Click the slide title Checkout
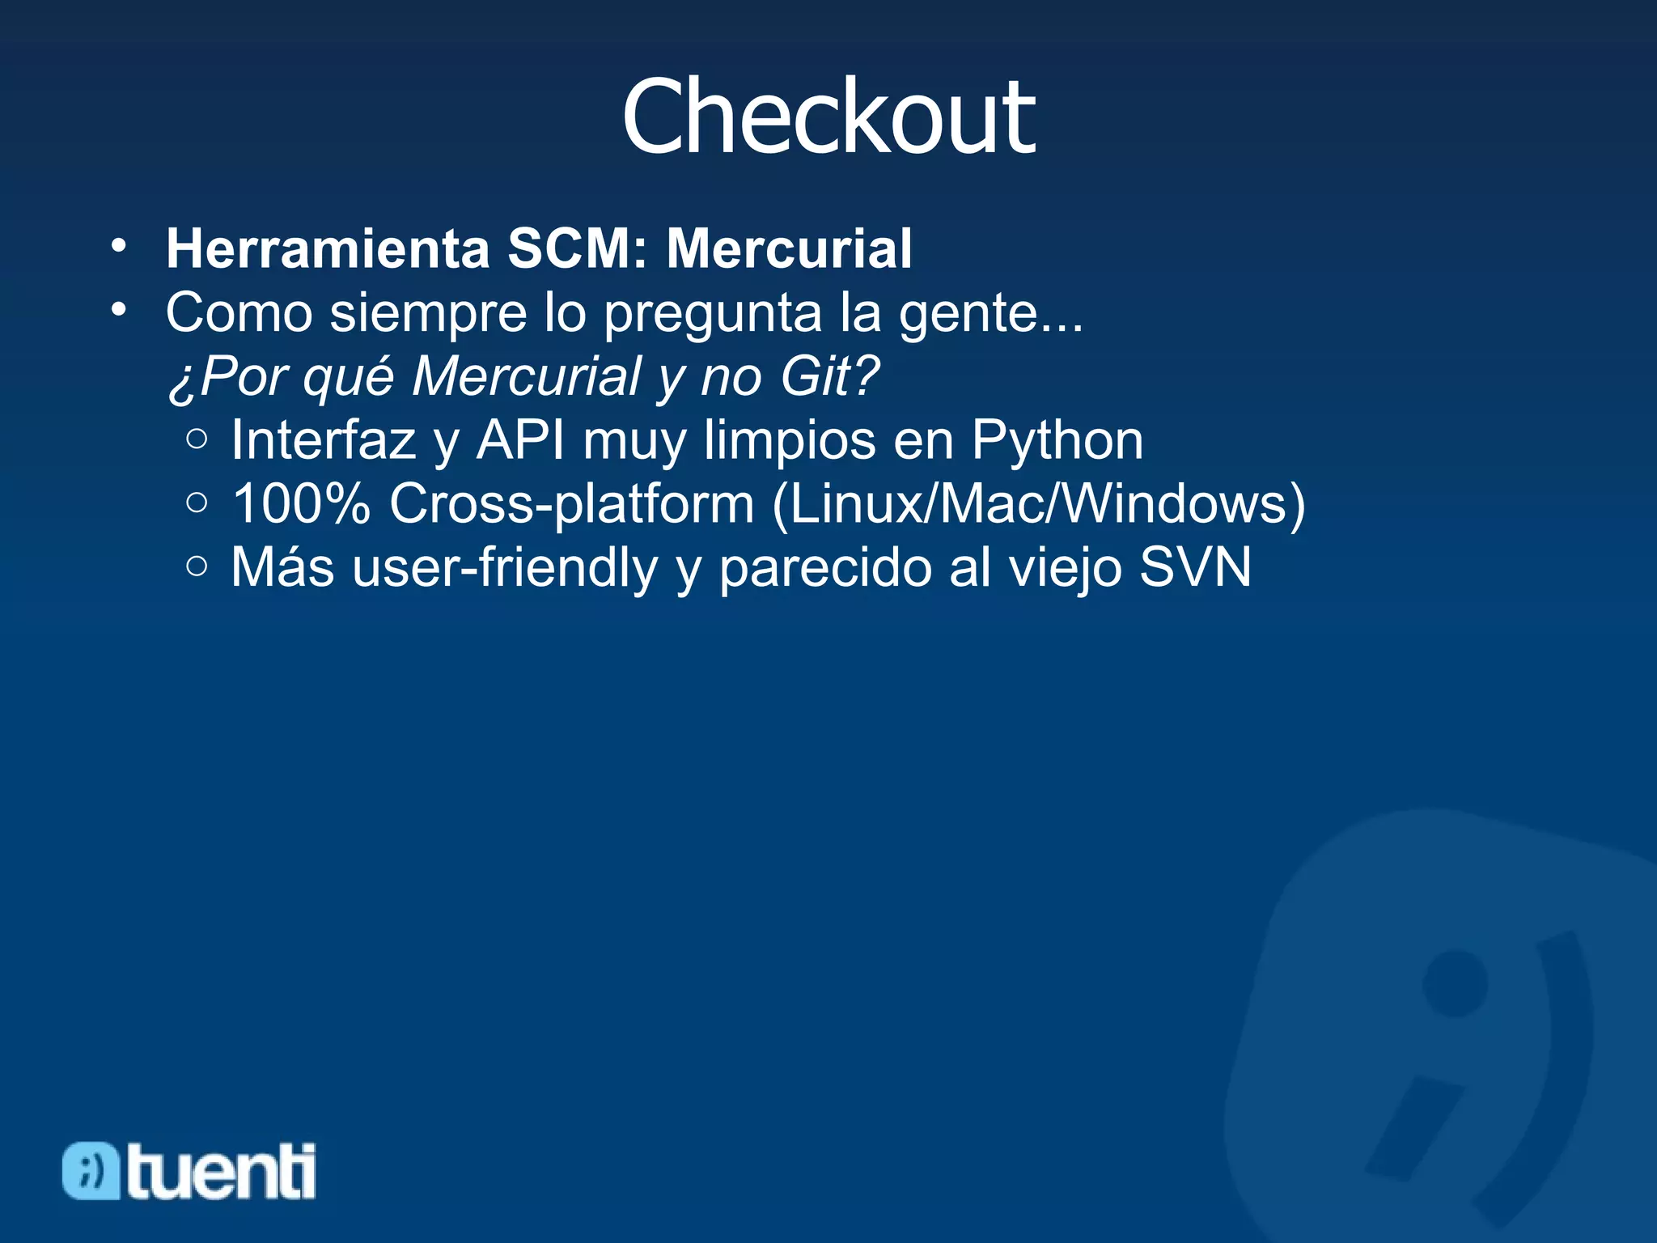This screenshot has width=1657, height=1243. coord(828,117)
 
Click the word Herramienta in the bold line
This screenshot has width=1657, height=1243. coord(328,248)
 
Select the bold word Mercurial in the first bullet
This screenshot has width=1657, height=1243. coord(789,248)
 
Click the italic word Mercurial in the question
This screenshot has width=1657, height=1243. coord(526,376)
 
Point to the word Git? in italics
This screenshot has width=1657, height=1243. coord(829,376)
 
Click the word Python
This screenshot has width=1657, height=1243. coord(1057,441)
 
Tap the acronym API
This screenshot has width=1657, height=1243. coord(520,441)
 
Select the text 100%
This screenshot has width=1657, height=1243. coord(301,503)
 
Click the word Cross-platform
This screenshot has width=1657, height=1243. coord(572,503)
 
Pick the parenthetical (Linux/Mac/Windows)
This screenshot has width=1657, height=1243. coord(1039,505)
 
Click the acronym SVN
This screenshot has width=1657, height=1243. coord(1195,567)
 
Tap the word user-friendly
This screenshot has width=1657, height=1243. coord(506,567)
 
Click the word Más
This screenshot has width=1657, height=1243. coord(282,567)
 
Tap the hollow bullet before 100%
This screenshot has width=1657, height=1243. coord(197,503)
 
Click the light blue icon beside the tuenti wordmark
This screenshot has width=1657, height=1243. coord(91,1170)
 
